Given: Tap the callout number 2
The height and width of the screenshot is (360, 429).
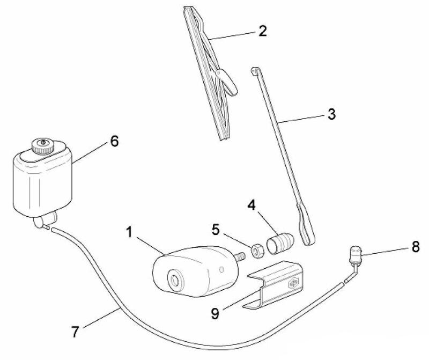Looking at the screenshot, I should (262, 31).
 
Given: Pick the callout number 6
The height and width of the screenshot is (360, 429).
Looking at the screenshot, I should (114, 141).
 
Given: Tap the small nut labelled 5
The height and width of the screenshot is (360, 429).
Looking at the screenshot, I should (256, 247).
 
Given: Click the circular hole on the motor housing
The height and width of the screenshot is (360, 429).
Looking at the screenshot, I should (174, 280).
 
